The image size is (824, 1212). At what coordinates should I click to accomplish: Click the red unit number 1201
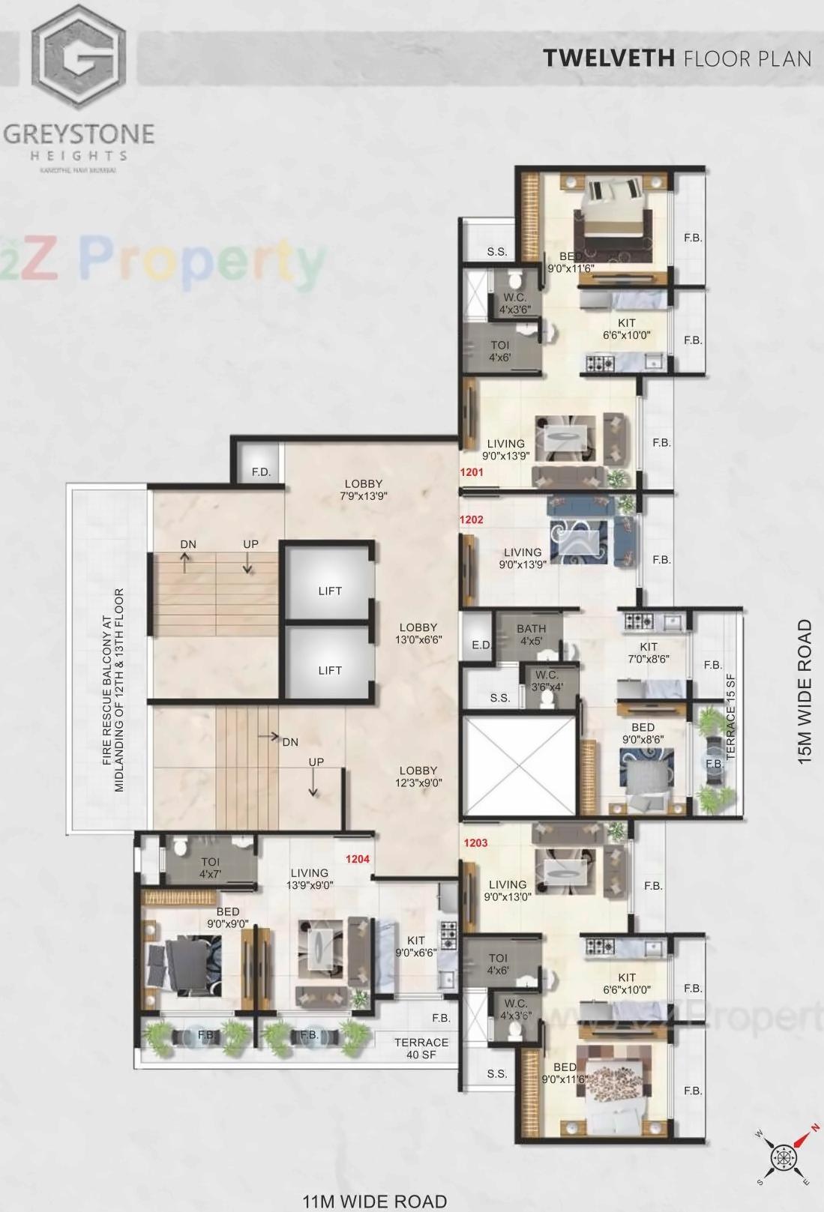[472, 472]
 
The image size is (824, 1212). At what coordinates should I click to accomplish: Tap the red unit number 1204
[358, 859]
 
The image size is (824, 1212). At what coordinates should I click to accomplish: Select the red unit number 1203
[475, 842]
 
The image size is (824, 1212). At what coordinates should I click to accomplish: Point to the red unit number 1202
[472, 519]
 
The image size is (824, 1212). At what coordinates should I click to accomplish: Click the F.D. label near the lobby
[261, 472]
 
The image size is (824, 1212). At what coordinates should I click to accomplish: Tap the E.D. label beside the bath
[481, 645]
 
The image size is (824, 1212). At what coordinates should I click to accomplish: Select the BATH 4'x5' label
[531, 635]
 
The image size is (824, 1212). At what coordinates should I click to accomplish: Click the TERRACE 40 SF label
[421, 1048]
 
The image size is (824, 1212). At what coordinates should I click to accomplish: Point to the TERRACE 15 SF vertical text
[731, 717]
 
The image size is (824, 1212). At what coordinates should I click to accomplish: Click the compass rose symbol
[785, 1157]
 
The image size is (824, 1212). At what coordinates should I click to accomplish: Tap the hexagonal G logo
[79, 56]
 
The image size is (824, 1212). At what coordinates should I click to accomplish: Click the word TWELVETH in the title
[609, 58]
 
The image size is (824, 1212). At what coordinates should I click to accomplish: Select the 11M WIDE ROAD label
[374, 1202]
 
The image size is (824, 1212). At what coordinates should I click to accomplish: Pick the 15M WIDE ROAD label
[805, 691]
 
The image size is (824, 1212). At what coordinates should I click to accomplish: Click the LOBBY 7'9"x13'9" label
[364, 489]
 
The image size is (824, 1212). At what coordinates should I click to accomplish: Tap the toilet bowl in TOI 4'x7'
[179, 847]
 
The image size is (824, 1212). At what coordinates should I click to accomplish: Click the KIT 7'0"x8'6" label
[649, 653]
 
